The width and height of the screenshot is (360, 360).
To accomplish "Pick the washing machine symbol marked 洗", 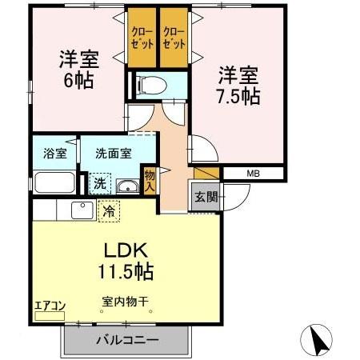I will pos(100,183).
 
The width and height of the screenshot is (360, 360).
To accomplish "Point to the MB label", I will pos(253,173).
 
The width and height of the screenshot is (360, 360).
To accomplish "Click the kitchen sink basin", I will pos(81,210).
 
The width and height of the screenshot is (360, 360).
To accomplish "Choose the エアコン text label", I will pos(49,305).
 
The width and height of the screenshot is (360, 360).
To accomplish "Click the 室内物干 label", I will pos(126,302).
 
